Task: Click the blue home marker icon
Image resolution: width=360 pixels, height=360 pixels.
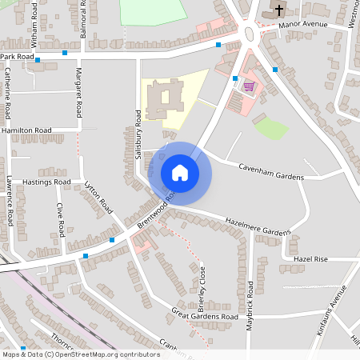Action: pos(179,173)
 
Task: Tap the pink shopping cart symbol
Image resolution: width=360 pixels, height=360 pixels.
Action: pos(249,86)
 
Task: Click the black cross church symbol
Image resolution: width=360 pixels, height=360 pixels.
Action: pos(279,10)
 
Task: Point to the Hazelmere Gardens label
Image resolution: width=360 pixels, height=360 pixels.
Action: pos(258,226)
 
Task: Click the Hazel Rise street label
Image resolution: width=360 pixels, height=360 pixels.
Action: pos(310,259)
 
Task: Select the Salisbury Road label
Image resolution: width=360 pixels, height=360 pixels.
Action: pos(138,134)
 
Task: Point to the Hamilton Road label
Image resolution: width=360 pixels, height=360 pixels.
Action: pos(26,130)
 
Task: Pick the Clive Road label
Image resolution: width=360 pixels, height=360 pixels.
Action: pos(60,218)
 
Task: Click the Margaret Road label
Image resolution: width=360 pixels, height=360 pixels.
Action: pos(78,91)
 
